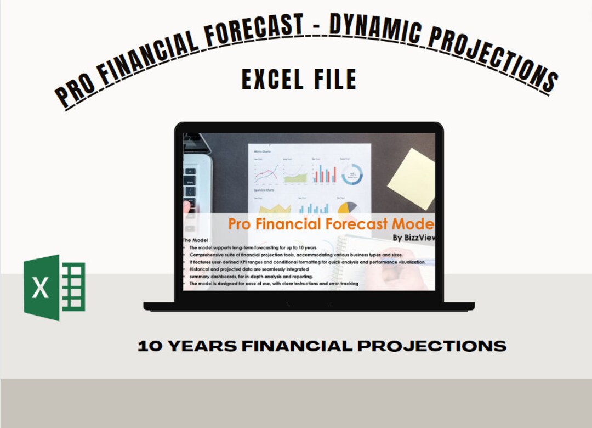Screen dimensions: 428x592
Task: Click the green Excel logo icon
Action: pos(54,287)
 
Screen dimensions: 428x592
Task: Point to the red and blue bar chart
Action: pos(325,173)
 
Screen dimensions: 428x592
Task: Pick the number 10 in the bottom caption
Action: pos(149,346)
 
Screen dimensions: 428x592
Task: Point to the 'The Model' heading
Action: pos(195,240)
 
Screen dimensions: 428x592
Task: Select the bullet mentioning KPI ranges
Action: pos(307,262)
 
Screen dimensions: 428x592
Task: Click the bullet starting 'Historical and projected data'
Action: pos(249,269)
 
